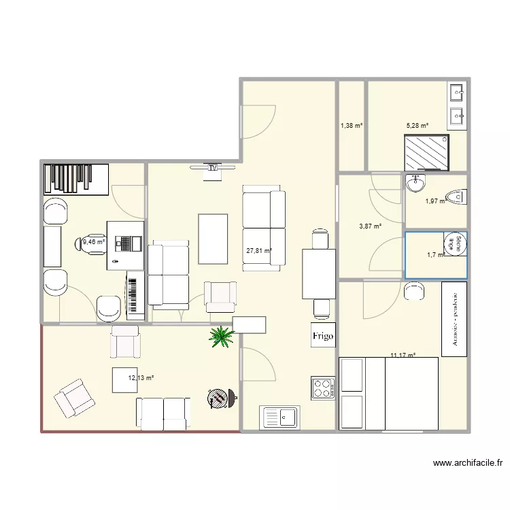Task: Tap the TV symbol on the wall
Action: (x=213, y=167)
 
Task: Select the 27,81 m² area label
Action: (x=259, y=251)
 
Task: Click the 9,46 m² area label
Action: (x=94, y=241)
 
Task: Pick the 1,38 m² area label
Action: (x=352, y=126)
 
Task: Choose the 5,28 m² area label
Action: (x=418, y=126)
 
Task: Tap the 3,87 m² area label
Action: (x=370, y=227)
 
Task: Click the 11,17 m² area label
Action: (x=403, y=354)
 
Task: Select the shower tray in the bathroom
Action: (x=427, y=153)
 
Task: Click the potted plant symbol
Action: (x=220, y=335)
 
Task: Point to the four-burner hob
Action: (x=323, y=388)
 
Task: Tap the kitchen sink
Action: (x=279, y=417)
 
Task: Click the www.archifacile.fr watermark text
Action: (x=468, y=463)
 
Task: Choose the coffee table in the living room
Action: (x=213, y=238)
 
